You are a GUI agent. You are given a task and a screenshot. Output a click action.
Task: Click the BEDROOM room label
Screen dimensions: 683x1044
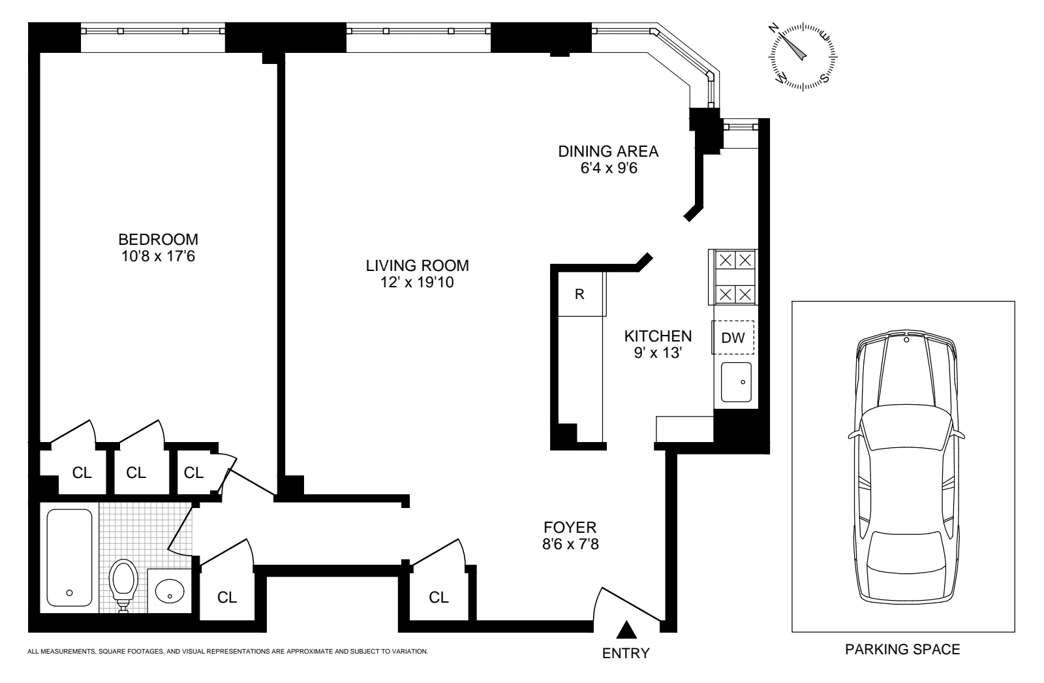click(158, 239)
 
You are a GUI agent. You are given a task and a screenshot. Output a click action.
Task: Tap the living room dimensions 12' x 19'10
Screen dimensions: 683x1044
click(418, 283)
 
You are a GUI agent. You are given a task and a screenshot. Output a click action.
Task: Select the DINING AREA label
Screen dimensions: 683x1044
click(607, 151)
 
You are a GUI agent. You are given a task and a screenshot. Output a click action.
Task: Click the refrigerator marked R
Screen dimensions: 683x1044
click(579, 294)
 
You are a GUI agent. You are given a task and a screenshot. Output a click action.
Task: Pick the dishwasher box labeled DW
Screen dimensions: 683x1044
click(733, 338)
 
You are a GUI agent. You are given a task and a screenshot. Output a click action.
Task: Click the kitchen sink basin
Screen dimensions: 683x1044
click(736, 382)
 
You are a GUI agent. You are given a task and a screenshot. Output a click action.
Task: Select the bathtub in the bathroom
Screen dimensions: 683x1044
click(69, 558)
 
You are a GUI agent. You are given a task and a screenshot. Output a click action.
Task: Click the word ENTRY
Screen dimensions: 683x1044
click(626, 653)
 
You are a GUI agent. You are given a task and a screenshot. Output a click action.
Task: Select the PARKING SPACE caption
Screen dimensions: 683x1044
click(902, 649)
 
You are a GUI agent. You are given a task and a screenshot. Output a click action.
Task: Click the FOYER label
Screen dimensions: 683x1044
click(570, 527)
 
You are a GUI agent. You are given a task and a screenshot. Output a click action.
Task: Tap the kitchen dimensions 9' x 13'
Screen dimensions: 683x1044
click(658, 353)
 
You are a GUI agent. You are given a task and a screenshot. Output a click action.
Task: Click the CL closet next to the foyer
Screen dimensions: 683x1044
click(439, 597)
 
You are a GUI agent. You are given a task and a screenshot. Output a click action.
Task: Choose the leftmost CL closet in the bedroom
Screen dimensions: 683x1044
click(82, 473)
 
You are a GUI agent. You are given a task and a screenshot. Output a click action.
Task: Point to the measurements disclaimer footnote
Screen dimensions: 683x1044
click(227, 651)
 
